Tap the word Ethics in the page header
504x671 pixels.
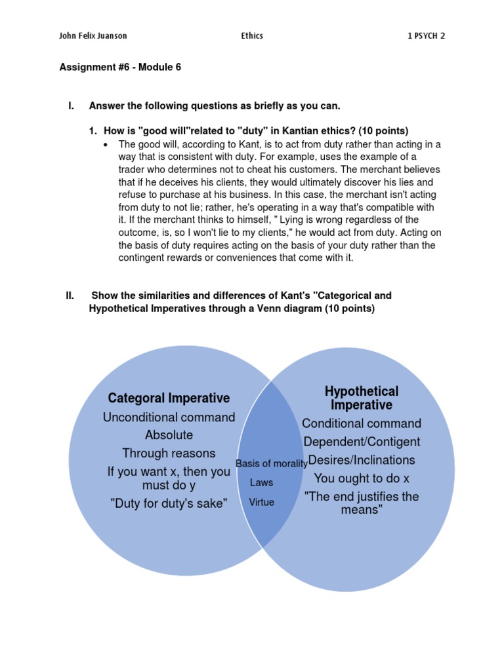251,35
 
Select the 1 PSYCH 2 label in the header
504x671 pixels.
426,35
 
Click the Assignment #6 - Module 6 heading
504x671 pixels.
120,67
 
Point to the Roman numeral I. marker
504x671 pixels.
71,105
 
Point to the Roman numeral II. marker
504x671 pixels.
70,296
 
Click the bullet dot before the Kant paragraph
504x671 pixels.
106,144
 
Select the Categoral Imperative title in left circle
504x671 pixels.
169,398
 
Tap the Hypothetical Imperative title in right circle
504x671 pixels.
362,398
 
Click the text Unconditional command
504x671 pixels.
169,417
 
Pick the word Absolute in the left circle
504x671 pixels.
169,435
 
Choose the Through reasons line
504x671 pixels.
169,453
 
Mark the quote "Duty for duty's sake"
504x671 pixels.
169,504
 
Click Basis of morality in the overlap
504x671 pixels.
271,464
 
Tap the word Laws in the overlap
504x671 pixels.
261,483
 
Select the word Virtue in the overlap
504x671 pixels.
261,503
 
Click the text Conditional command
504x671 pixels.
362,423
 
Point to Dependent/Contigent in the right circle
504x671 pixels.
362,442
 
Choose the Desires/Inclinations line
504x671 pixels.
362,460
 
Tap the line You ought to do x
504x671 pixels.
362,478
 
